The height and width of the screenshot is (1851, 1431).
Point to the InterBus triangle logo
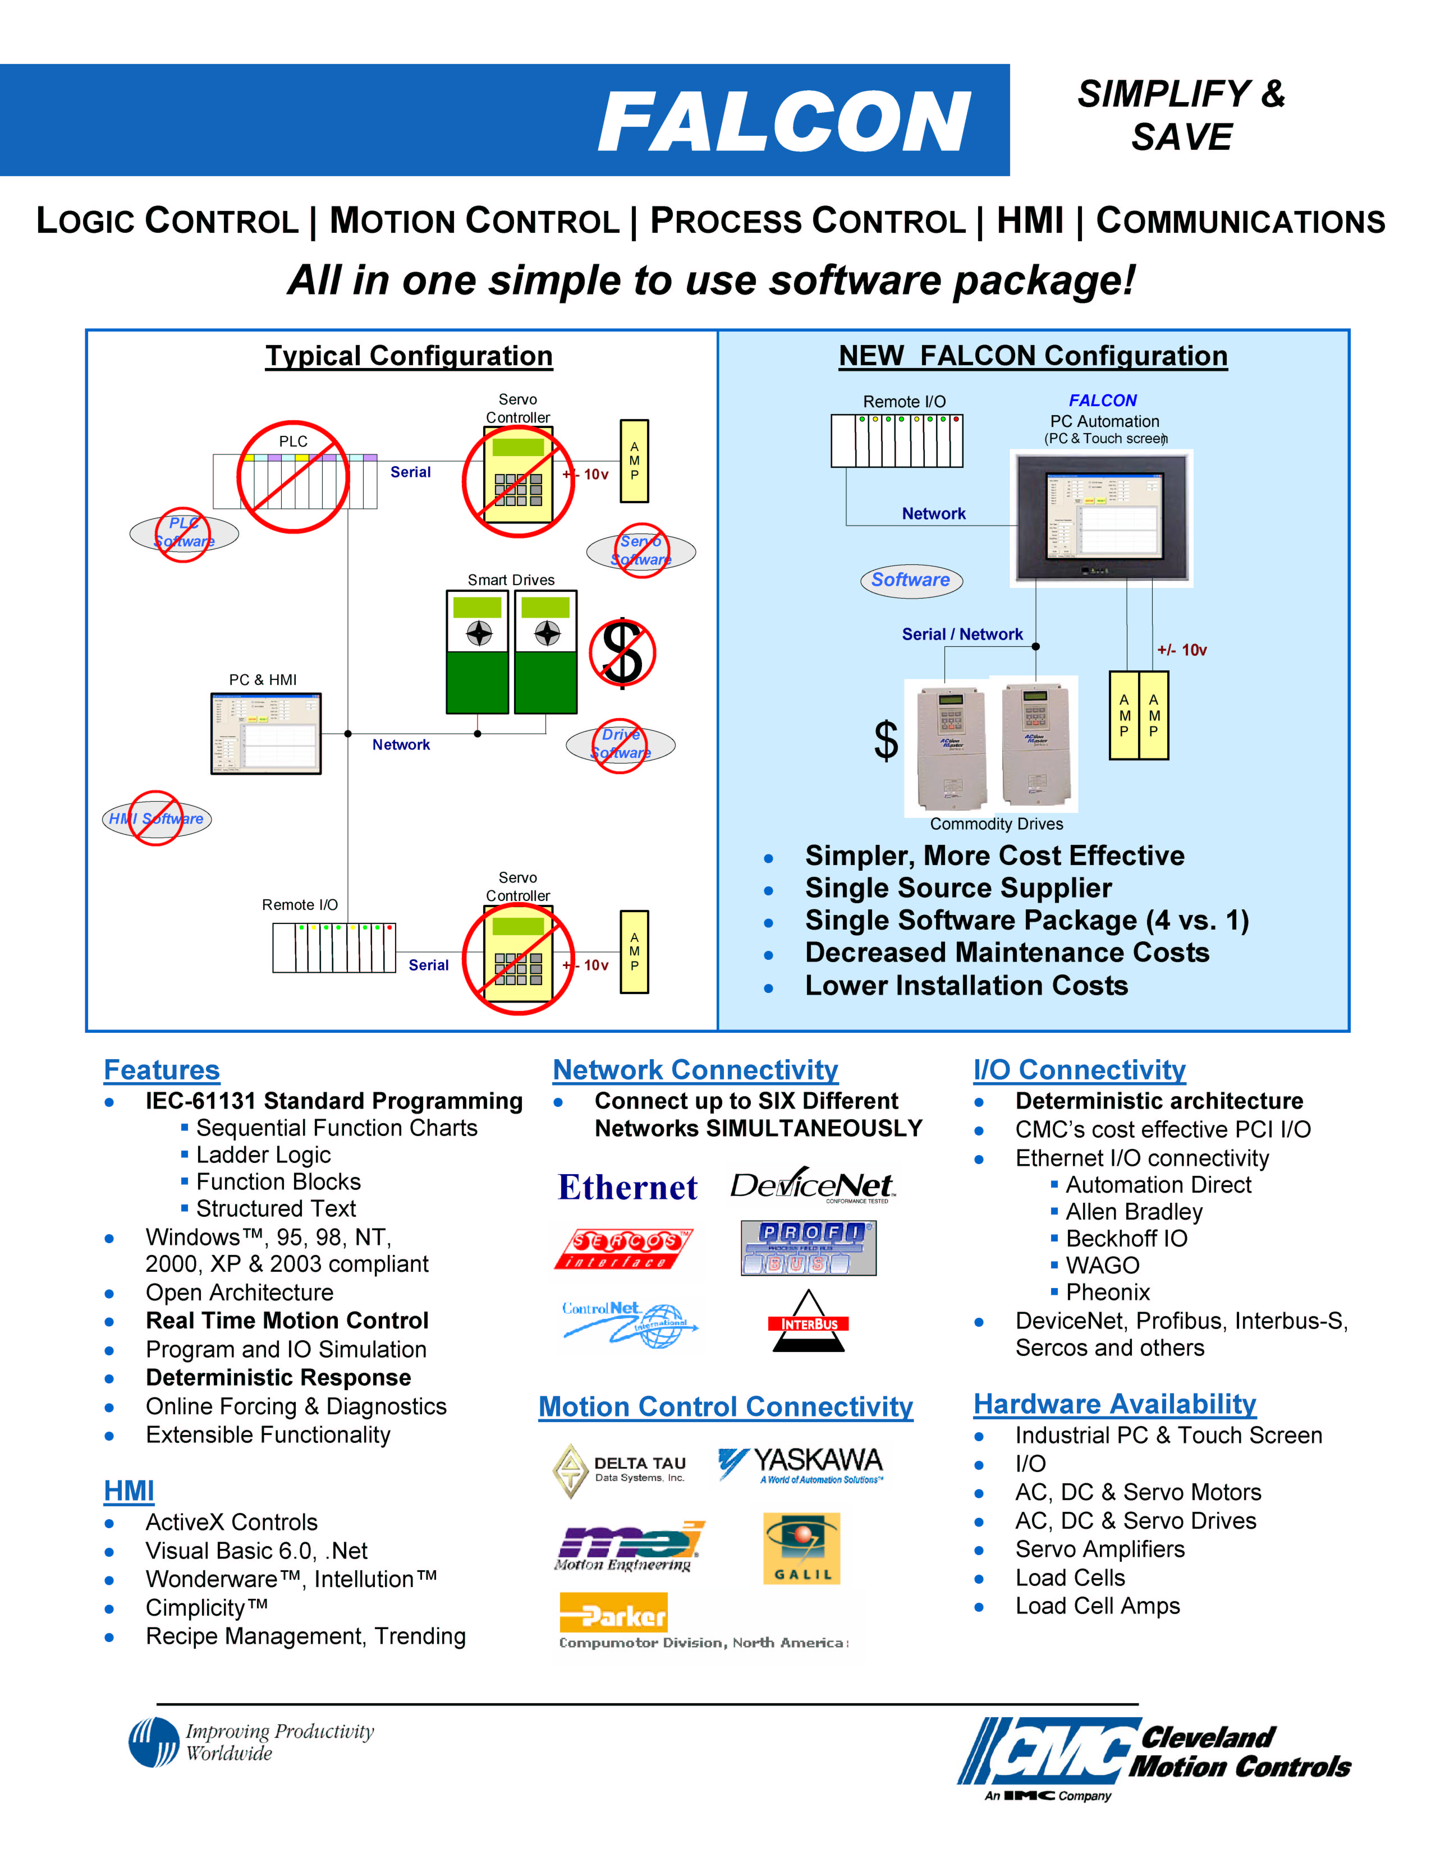point(808,1322)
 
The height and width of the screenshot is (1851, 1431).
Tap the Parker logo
point(613,1613)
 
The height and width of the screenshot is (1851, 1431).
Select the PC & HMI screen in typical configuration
point(266,733)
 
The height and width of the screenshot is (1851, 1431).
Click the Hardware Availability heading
point(1114,1404)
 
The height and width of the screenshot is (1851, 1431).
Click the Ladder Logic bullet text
point(263,1155)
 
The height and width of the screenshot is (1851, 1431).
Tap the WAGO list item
point(1102,1265)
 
